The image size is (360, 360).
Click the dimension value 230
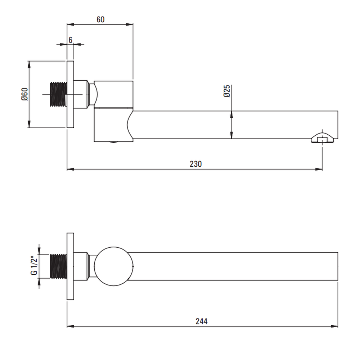point(195,164)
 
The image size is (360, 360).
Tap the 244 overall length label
point(201,321)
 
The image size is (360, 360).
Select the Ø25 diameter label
point(227,91)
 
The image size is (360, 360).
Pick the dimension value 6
point(71,40)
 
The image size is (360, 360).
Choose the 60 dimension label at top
point(100,19)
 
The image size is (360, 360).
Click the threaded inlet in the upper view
point(59,94)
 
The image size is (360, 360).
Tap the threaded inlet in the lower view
point(59,266)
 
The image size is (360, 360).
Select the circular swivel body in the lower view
point(114,266)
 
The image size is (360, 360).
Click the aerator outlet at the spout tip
point(322,138)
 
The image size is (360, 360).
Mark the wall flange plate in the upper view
point(70,94)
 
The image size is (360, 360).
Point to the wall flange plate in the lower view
point(70,266)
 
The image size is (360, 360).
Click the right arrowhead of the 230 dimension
point(319,169)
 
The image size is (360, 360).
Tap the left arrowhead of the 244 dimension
point(71,326)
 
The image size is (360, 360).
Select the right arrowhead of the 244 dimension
point(334,326)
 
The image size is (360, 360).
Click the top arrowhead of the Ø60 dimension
point(29,64)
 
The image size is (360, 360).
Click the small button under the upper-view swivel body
point(114,142)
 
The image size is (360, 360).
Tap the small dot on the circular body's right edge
point(133,266)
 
